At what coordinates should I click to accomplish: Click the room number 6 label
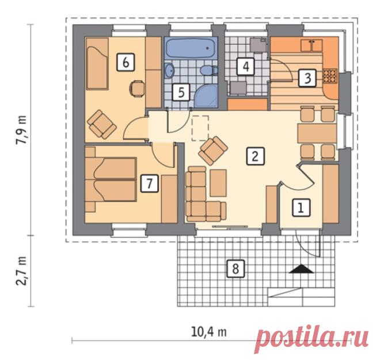[126, 63]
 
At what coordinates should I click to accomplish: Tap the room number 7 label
[150, 183]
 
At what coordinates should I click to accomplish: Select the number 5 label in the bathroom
[181, 92]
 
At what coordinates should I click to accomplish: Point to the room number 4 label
[246, 66]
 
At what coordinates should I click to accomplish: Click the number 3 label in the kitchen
[307, 78]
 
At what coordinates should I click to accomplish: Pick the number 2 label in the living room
[256, 156]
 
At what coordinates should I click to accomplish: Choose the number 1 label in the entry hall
[301, 208]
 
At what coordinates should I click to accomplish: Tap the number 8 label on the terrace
[235, 269]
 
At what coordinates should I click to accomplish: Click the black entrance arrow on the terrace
[301, 269]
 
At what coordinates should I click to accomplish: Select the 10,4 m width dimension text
[209, 332]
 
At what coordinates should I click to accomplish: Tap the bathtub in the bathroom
[191, 48]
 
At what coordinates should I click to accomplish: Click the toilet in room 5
[209, 71]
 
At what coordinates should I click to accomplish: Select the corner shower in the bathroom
[206, 96]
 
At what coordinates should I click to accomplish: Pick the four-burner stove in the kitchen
[330, 75]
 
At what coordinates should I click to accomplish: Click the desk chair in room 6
[137, 89]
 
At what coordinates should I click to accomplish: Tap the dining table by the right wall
[317, 133]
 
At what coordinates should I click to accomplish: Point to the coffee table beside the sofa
[218, 183]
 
